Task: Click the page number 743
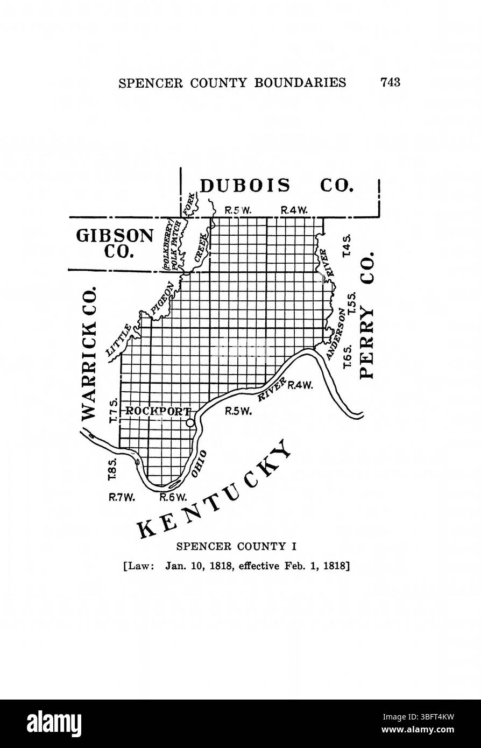[390, 82]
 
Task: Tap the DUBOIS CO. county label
[277, 186]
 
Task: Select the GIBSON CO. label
[115, 244]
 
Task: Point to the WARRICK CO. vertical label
[89, 353]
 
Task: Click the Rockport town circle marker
[190, 423]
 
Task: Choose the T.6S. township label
[347, 357]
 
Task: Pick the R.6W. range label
[173, 497]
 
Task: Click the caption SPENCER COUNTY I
[236, 547]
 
